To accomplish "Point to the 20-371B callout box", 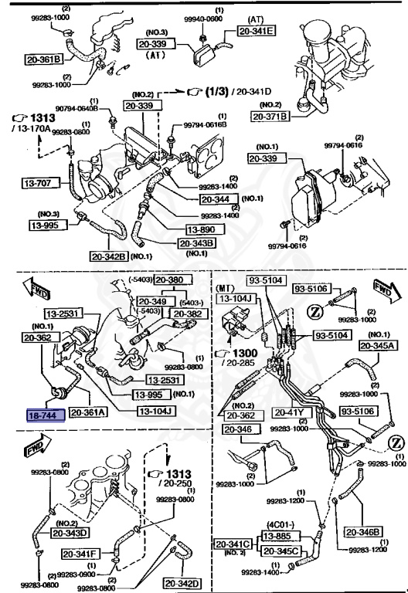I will click(269, 117).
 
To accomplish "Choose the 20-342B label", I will click(108, 256).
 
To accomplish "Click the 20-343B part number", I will click(198, 243).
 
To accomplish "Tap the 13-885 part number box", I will click(276, 534).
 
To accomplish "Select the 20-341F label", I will click(80, 553).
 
